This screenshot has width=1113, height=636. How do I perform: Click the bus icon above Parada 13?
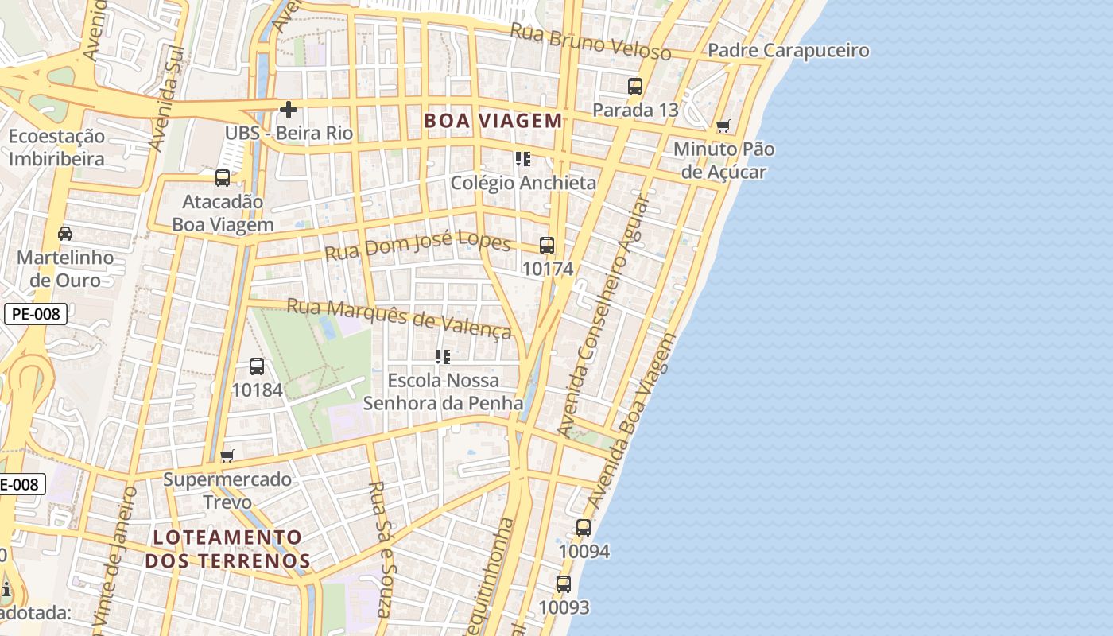tap(634, 87)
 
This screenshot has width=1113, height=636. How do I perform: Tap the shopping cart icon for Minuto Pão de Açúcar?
tap(723, 126)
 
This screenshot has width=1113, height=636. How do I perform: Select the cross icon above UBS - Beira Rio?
tap(289, 110)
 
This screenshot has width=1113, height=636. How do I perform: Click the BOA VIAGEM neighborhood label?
tap(493, 121)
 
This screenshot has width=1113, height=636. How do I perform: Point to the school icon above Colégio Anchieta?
tap(522, 159)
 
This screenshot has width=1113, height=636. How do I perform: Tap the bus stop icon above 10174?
tap(547, 246)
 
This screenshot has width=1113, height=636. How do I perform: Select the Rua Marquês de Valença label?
tap(399, 317)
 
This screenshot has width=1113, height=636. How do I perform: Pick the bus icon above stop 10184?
tap(257, 366)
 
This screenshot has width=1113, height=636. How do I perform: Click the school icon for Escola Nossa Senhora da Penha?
tap(443, 357)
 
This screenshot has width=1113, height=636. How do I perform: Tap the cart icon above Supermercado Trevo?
tap(227, 456)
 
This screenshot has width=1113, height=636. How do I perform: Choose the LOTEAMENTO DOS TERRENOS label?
tap(227, 549)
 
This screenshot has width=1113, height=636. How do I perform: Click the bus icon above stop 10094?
tap(584, 528)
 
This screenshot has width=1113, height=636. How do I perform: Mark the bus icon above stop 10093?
tap(564, 584)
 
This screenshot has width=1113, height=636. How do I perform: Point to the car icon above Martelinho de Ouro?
tap(65, 234)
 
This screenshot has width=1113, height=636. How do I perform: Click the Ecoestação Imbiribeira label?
tap(56, 147)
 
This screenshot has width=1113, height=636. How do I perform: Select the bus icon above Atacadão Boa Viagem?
tap(223, 178)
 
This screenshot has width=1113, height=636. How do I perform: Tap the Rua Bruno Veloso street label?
tap(590, 41)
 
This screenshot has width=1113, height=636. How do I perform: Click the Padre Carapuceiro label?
tap(788, 51)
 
